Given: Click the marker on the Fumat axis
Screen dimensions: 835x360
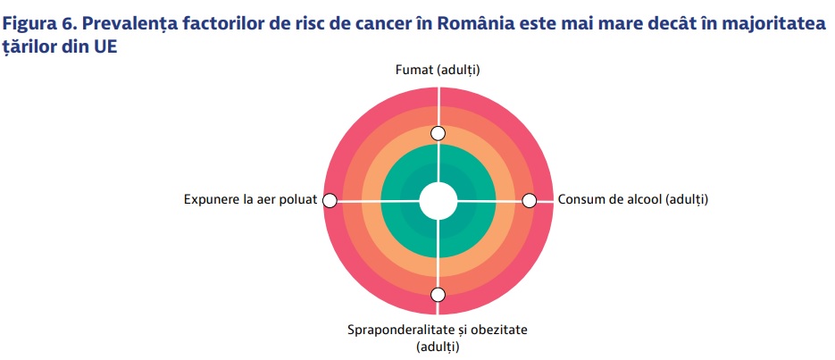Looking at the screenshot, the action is (x=438, y=133).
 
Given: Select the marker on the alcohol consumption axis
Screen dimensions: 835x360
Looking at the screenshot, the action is (x=529, y=201).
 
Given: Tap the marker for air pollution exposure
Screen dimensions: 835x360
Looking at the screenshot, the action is (x=330, y=201).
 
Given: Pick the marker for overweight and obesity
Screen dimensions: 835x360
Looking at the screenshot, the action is (x=438, y=295).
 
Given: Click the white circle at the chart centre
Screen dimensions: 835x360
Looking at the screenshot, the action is (x=438, y=201).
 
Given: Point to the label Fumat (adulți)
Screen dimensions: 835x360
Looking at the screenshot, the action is (x=438, y=71).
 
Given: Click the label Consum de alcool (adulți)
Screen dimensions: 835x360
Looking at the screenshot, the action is (x=632, y=200).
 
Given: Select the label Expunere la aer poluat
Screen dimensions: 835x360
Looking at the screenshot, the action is (x=250, y=200).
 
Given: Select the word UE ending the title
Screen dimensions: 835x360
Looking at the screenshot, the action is (x=105, y=46).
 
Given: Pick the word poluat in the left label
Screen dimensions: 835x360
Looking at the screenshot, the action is (x=299, y=200).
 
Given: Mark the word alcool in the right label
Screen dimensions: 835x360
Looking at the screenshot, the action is (x=645, y=200).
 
